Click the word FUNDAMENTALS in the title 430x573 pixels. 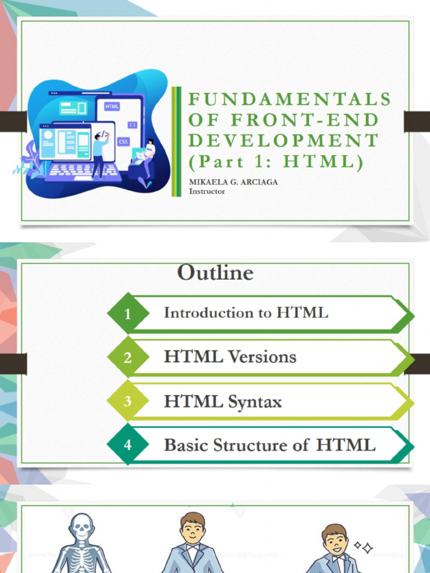(x=289, y=99)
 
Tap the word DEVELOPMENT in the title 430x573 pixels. (x=283, y=140)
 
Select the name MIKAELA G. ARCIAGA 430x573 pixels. (x=233, y=182)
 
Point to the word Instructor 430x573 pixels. (x=207, y=191)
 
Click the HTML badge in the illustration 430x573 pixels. (x=112, y=106)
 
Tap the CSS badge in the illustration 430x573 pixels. (x=123, y=142)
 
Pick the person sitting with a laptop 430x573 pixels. (x=147, y=157)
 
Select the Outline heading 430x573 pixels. (x=216, y=273)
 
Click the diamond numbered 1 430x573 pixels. (x=128, y=314)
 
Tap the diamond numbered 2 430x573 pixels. (x=128, y=358)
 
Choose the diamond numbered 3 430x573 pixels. (x=128, y=401)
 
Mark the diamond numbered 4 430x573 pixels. (x=128, y=445)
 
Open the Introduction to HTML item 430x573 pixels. (x=246, y=313)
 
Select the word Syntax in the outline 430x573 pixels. (x=255, y=402)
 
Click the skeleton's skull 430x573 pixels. (x=82, y=525)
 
